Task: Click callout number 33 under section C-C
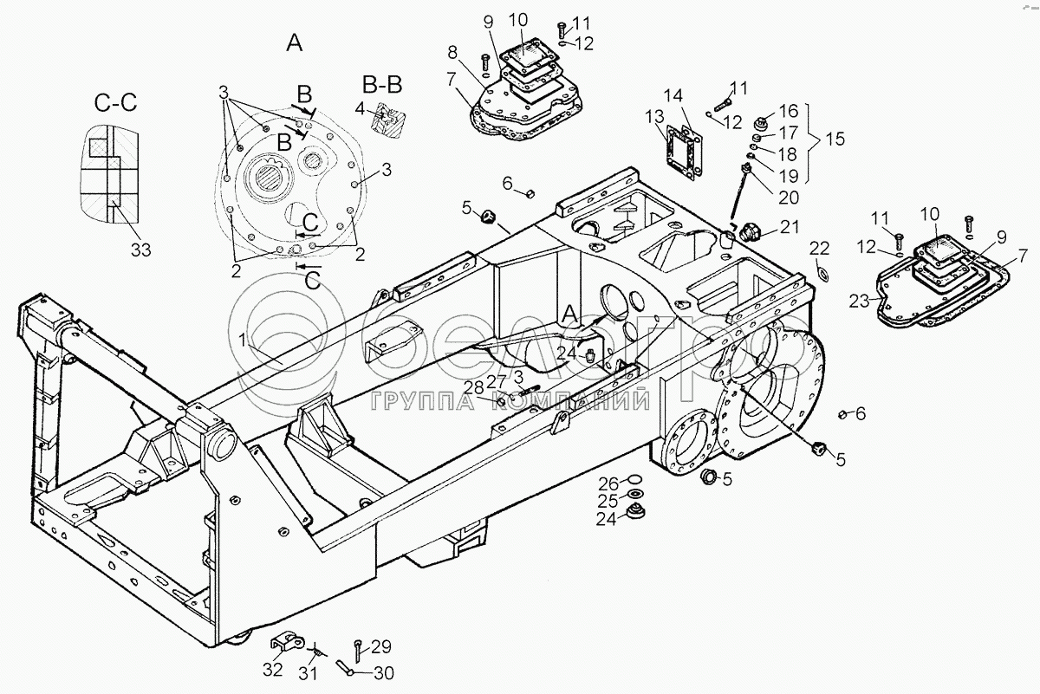(x=140, y=250)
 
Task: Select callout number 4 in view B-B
(x=360, y=109)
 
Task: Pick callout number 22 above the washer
(x=820, y=249)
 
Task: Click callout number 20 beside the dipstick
(x=788, y=197)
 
